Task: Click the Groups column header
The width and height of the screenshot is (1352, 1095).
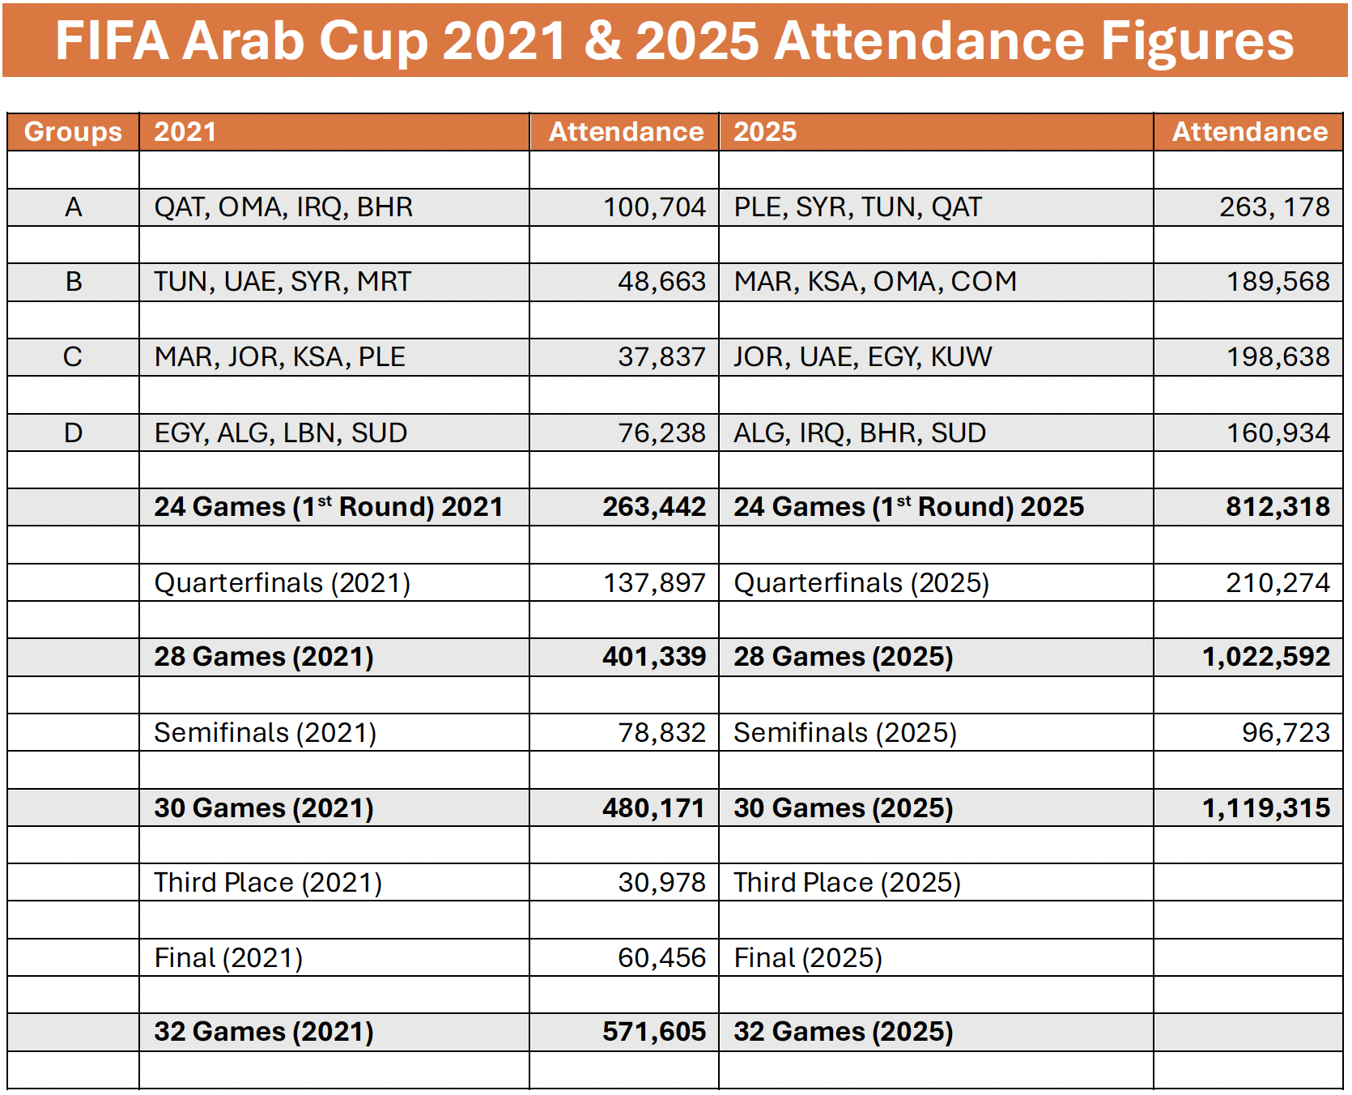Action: tap(73, 132)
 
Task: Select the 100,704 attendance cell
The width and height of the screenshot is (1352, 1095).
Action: tap(654, 207)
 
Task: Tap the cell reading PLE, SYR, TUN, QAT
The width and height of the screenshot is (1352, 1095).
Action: tap(857, 207)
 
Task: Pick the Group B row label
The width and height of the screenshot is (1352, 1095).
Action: tap(73, 282)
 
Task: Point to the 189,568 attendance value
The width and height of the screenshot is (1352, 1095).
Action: tap(1278, 282)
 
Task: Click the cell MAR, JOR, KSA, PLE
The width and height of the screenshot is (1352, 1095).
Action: tap(279, 357)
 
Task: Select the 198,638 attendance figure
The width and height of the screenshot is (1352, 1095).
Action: tap(1278, 357)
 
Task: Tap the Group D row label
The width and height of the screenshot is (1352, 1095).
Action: tap(73, 433)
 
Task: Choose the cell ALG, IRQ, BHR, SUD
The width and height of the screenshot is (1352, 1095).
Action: tap(859, 433)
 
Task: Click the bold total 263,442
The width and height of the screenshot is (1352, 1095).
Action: tap(653, 507)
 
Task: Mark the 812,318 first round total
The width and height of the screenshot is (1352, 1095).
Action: tap(1277, 507)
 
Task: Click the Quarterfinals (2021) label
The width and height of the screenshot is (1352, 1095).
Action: tap(282, 583)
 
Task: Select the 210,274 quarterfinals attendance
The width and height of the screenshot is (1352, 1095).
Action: tap(1277, 583)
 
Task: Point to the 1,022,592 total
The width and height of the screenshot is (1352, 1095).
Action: tap(1265, 657)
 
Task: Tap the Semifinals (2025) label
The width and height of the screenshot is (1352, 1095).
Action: tap(844, 733)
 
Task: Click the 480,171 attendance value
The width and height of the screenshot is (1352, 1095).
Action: tap(653, 808)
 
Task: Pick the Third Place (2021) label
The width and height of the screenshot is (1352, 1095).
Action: tap(267, 883)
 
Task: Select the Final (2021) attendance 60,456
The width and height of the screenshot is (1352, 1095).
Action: tap(661, 958)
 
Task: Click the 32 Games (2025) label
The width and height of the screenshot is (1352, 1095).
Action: tap(843, 1032)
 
